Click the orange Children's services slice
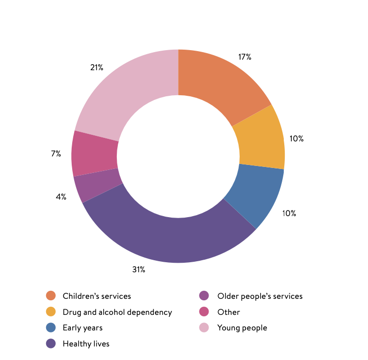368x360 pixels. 221,85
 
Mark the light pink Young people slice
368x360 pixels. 130,90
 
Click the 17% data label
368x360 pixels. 245,57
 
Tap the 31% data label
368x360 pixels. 139,270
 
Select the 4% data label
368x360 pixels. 61,197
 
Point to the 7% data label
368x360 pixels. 56,154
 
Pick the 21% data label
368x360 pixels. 97,67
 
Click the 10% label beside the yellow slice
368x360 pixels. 297,138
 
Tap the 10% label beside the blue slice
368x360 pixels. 289,213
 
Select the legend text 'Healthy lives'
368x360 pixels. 86,344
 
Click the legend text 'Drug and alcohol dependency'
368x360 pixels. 117,312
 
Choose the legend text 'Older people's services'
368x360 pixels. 260,296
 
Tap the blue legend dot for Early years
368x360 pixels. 51,328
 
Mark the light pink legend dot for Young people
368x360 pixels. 204,328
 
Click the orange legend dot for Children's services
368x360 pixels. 51,296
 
